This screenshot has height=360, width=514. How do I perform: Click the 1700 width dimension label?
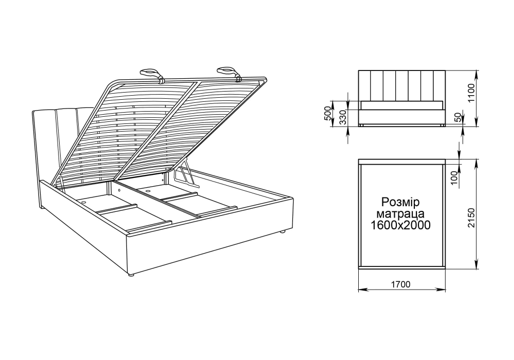(x=400, y=284)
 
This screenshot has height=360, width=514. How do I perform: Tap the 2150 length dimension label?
(x=471, y=218)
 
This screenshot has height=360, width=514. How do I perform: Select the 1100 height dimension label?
(x=471, y=93)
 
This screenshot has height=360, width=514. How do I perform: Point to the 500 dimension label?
(x=328, y=113)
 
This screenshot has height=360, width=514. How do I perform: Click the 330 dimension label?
(x=342, y=118)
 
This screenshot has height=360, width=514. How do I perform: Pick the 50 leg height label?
(x=458, y=118)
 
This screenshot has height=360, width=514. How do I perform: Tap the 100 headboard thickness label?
(x=454, y=178)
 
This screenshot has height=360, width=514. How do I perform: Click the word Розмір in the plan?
(x=400, y=202)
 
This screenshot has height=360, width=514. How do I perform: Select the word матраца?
(x=400, y=214)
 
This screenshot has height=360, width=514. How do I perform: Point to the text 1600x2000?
(x=400, y=225)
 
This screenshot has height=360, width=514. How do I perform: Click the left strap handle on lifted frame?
(x=152, y=75)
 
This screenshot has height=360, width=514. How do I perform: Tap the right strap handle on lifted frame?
(x=229, y=73)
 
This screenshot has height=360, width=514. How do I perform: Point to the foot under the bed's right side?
(x=283, y=232)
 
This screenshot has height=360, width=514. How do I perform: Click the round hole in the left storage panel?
(x=84, y=202)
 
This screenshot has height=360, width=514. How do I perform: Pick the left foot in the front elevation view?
(x=361, y=125)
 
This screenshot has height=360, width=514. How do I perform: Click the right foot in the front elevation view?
(x=442, y=125)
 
